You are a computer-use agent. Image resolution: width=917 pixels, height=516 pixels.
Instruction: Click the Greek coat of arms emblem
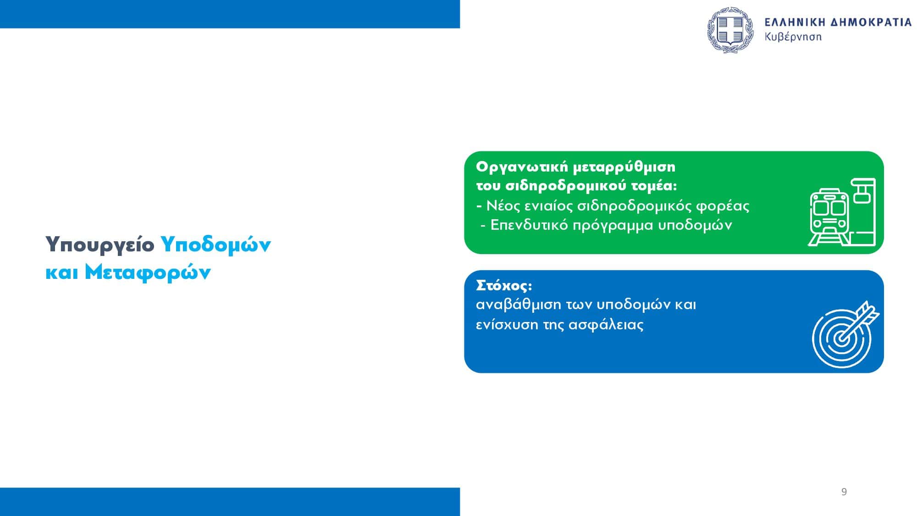click(730, 30)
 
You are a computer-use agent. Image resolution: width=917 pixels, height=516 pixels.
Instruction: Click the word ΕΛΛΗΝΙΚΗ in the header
click(793, 22)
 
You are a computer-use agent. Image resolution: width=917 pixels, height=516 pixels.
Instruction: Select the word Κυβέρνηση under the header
click(793, 37)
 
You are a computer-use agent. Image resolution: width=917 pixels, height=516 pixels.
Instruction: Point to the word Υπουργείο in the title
click(100, 244)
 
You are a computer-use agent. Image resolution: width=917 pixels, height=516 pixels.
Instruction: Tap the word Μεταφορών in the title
click(148, 272)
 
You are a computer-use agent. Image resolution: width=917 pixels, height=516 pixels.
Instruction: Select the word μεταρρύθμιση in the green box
click(624, 167)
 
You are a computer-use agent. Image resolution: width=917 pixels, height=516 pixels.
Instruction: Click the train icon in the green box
click(841, 212)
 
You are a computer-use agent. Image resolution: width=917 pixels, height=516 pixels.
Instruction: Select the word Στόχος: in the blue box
click(504, 286)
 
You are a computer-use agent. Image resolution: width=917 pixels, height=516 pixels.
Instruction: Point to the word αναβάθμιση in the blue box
click(519, 305)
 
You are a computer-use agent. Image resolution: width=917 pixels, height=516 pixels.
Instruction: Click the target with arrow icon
click(845, 334)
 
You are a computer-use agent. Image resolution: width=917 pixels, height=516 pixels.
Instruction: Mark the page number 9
click(844, 492)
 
